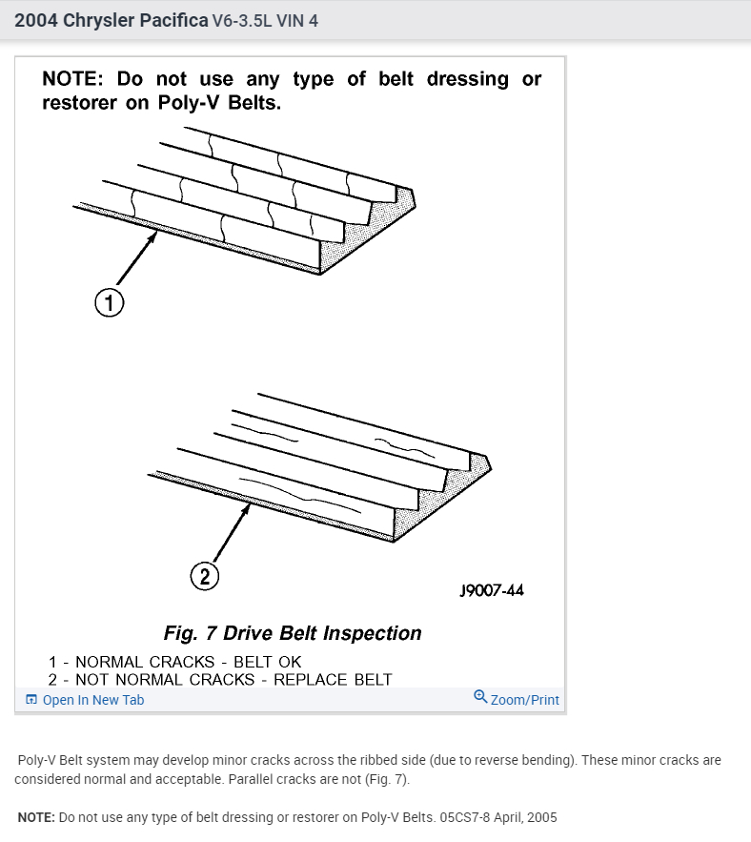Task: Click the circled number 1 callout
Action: tap(109, 303)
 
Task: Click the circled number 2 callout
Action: tap(205, 576)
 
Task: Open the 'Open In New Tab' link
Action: tap(92, 700)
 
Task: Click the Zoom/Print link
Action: tap(524, 700)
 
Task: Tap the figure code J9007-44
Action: tap(491, 590)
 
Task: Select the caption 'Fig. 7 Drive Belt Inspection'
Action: tap(293, 633)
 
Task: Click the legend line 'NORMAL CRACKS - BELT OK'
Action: tap(188, 662)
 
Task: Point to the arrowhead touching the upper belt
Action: tap(153, 234)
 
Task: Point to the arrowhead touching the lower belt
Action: tap(249, 507)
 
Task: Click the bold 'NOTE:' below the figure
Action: tap(36, 817)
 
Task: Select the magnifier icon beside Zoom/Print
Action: tap(480, 698)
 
